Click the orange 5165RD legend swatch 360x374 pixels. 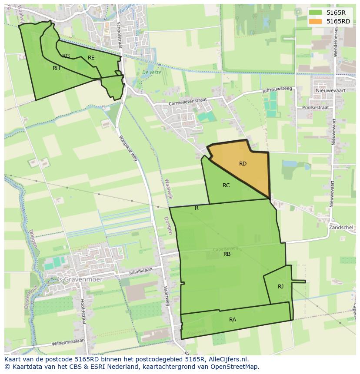pos(317,21)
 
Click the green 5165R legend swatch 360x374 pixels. pos(317,13)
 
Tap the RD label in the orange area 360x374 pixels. pos(243,164)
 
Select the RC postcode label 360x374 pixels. pos(226,185)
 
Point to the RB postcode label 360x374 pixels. pos(227,254)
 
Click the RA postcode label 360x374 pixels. pos(233,320)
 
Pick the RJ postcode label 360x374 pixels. pos(280,287)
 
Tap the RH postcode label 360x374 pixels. pos(56,68)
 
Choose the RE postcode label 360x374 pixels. pos(91,58)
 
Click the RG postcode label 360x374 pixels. pos(66,56)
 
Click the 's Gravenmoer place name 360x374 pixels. pos(80,280)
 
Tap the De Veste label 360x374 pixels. pos(152,73)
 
